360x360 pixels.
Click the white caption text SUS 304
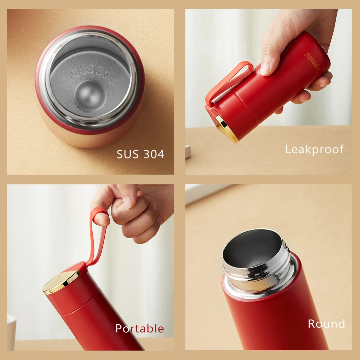pos(140,154)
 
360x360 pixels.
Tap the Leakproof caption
pos(315,149)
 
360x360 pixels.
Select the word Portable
pos(140,328)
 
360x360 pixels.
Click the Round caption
pos(326,324)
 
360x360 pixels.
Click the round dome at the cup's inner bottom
pos(88,95)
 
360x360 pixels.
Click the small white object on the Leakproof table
pos(188,152)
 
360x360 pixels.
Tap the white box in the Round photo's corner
pos(202,193)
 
